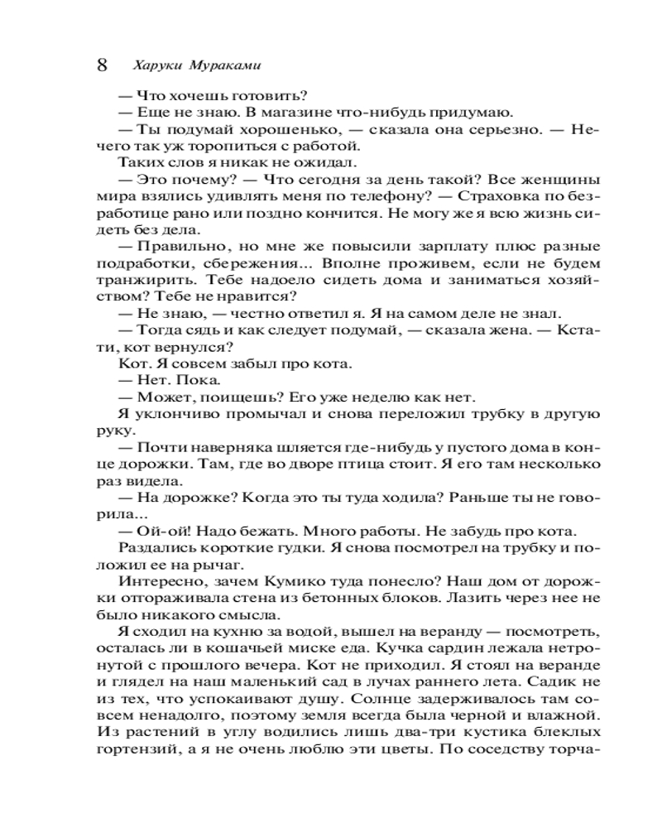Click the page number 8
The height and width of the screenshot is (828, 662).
pos(102,65)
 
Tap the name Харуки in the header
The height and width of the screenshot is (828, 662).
pos(155,65)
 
